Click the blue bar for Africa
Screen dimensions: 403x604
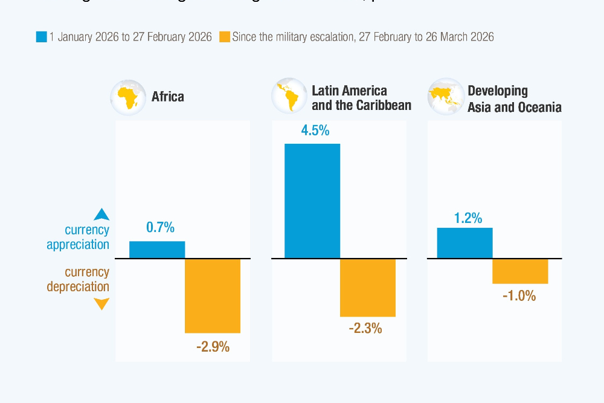point(157,250)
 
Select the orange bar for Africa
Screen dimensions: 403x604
point(213,295)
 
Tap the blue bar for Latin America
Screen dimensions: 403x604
point(312,201)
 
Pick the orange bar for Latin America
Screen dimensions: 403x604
point(368,288)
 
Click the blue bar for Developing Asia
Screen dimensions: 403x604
point(464,243)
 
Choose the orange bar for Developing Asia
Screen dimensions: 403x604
point(520,271)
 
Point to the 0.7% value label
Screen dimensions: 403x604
point(160,228)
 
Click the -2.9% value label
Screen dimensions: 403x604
point(213,347)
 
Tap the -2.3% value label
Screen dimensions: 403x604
point(365,329)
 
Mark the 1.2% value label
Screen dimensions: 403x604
point(468,218)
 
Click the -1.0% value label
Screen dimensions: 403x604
point(519,297)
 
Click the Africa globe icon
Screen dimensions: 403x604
point(128,97)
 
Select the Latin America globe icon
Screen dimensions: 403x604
point(289,97)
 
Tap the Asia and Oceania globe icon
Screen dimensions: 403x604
point(445,97)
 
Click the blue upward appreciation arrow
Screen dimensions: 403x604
point(101,214)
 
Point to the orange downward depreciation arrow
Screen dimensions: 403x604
point(101,303)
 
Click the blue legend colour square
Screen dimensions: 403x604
point(41,37)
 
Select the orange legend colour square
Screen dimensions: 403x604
point(224,37)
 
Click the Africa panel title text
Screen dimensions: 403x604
point(168,97)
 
